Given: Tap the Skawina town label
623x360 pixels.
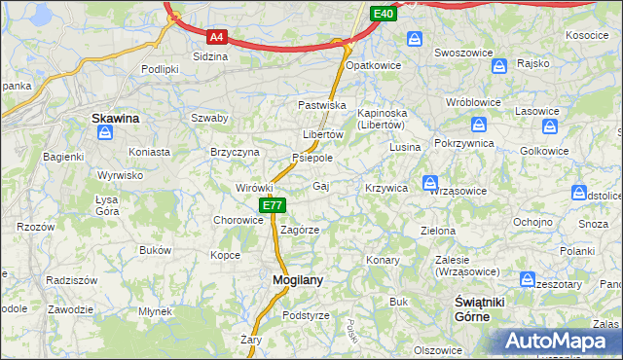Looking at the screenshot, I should click(115, 118).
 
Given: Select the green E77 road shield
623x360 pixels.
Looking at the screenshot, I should click(273, 205).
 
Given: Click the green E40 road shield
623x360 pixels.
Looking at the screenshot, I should click(383, 13).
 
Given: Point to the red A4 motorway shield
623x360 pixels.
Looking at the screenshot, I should click(217, 37).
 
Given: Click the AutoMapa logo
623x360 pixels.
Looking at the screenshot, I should click(563, 341).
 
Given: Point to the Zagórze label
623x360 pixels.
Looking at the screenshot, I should click(300, 230).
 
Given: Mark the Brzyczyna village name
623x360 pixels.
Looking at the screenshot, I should click(235, 152).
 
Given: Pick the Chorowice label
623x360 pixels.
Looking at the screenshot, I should click(239, 220).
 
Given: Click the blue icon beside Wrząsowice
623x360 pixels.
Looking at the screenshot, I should click(430, 183).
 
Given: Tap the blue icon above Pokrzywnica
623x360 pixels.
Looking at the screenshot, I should click(479, 125).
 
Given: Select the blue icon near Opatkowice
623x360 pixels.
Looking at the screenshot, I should click(415, 38).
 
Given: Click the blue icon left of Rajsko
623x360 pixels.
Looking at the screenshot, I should click(499, 66).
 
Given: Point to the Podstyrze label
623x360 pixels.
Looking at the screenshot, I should click(306, 315).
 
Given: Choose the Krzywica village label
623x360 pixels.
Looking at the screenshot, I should click(385, 187).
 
